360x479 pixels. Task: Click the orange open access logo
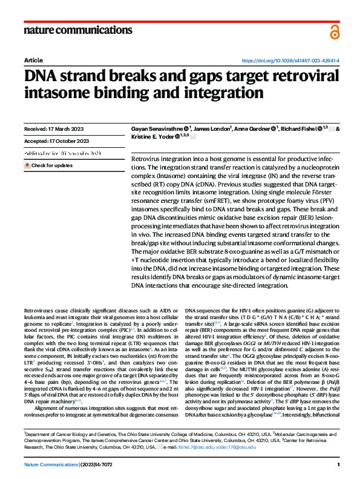(x=335, y=32)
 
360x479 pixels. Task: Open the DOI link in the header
(x=290, y=61)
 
